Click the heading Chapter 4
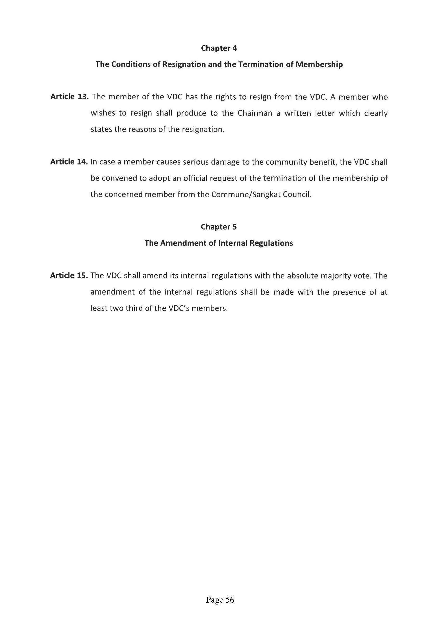(219, 48)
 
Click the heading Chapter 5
(219, 227)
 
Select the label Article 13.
(69, 97)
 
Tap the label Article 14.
(69, 162)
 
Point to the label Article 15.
(69, 276)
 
